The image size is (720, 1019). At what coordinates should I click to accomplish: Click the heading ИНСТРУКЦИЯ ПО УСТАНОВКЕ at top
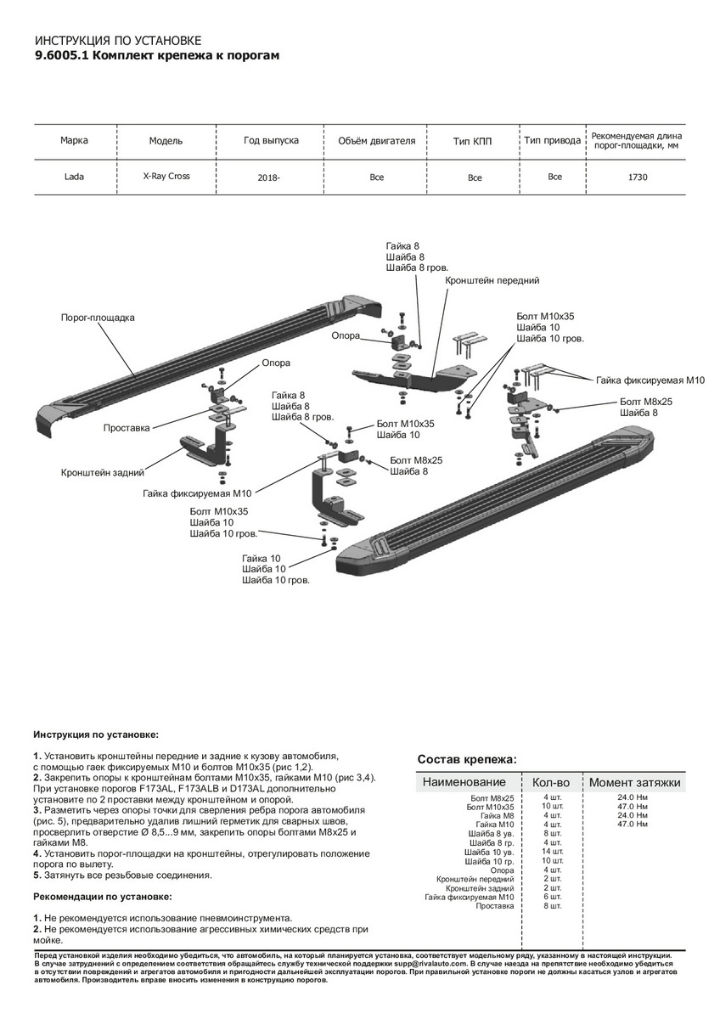pos(118,41)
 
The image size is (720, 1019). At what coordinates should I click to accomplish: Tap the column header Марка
pos(74,140)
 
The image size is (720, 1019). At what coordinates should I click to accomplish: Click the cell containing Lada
pos(74,177)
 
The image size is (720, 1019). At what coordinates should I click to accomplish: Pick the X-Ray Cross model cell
pos(166,177)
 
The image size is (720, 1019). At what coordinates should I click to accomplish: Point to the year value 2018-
pos(268,178)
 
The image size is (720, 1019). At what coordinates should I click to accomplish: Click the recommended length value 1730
pos(639,177)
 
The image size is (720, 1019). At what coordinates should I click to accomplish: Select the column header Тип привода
pos(552,140)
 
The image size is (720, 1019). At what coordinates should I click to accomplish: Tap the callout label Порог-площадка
pos(98,318)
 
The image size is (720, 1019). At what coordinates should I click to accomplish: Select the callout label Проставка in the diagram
pos(127,428)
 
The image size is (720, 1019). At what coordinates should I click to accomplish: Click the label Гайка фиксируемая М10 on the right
pos(650,380)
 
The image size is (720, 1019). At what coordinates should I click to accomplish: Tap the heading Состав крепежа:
pos(467,759)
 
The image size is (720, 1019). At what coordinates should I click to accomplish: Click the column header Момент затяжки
pos(635,782)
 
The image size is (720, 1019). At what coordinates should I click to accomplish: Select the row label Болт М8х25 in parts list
pos(492,798)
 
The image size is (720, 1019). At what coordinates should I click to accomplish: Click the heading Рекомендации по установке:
pos(103,897)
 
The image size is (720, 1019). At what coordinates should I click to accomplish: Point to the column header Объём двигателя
pos(377,140)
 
